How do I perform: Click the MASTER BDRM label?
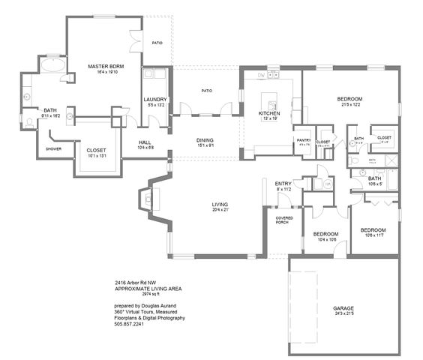click(x=105, y=67)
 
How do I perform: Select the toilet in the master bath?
click(x=28, y=120)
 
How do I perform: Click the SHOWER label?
click(x=54, y=148)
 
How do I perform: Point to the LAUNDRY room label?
click(x=156, y=99)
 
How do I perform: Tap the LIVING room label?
click(x=220, y=204)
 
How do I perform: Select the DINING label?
click(x=205, y=140)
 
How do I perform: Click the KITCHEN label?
click(x=268, y=113)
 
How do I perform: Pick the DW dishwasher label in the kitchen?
click(x=261, y=76)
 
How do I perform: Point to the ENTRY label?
click(x=283, y=184)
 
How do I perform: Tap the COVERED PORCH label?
click(x=283, y=219)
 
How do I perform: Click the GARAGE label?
click(x=343, y=307)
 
